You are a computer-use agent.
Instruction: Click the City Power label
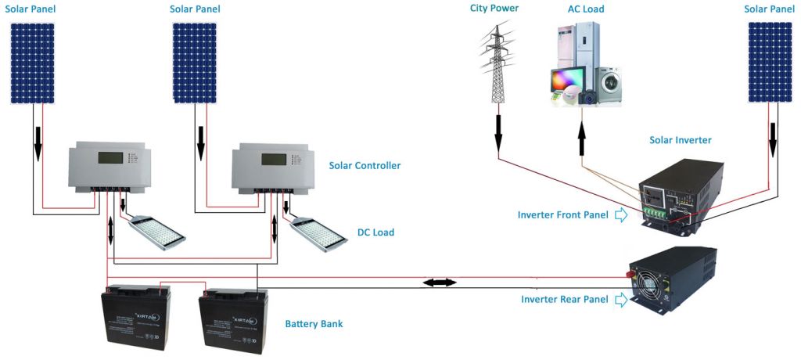click(494, 9)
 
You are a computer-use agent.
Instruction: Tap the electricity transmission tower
click(496, 63)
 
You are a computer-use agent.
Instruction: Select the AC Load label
click(586, 9)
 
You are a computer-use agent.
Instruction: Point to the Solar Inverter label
click(681, 140)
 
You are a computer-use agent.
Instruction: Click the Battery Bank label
click(314, 323)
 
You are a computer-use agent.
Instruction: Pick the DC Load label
click(375, 232)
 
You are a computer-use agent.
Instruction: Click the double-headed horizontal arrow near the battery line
click(439, 282)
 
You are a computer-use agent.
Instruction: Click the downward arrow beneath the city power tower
click(497, 132)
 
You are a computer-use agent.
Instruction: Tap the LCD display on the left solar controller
click(110, 159)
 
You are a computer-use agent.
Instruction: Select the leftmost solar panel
click(33, 63)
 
